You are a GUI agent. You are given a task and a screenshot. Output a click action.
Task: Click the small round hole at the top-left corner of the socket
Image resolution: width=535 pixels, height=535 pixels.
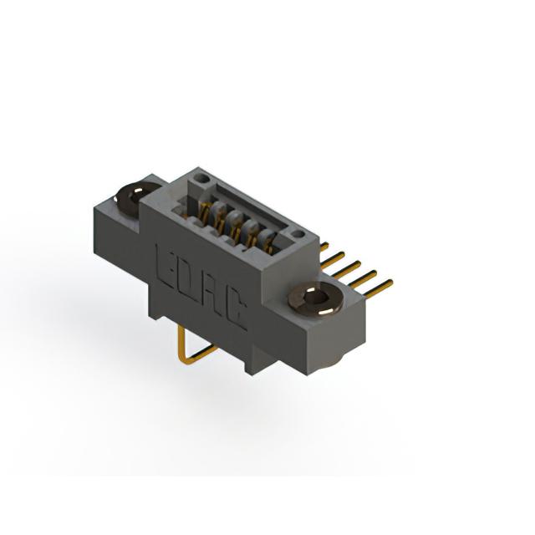point(201,178)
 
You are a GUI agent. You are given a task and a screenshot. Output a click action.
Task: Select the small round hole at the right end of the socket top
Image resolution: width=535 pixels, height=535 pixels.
point(298,234)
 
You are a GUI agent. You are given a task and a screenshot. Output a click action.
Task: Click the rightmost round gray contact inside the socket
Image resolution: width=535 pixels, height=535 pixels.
point(267,235)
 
